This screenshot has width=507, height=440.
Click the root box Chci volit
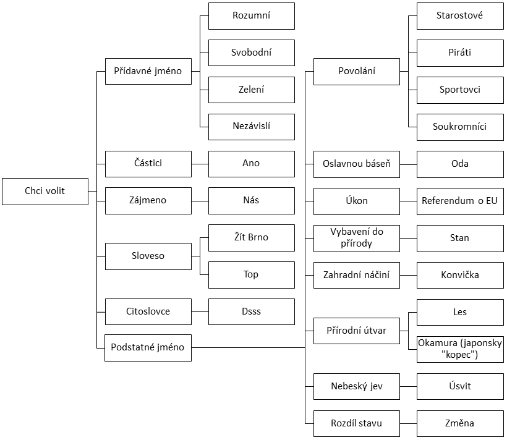(45, 192)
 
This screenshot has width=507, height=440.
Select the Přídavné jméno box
(148, 71)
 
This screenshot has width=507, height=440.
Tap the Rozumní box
(252, 16)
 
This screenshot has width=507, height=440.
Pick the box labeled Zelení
(252, 90)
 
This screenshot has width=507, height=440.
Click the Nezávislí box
(252, 127)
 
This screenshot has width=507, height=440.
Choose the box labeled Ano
(252, 164)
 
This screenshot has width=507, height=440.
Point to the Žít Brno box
(252, 238)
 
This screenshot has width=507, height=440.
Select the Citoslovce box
(148, 311)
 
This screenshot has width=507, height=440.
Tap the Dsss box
(252, 311)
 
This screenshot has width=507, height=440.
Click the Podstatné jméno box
(148, 348)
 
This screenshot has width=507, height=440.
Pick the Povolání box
(357, 72)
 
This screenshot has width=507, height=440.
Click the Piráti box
(460, 53)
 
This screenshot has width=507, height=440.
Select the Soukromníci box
(460, 127)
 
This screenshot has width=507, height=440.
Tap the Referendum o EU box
(460, 201)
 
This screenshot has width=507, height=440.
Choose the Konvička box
(460, 275)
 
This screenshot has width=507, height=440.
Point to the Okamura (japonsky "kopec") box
(460, 349)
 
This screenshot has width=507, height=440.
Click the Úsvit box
(460, 386)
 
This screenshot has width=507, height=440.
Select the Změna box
(460, 423)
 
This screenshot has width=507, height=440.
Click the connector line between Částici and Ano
(200, 164)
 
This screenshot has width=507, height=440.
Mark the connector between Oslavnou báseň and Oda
(408, 164)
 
